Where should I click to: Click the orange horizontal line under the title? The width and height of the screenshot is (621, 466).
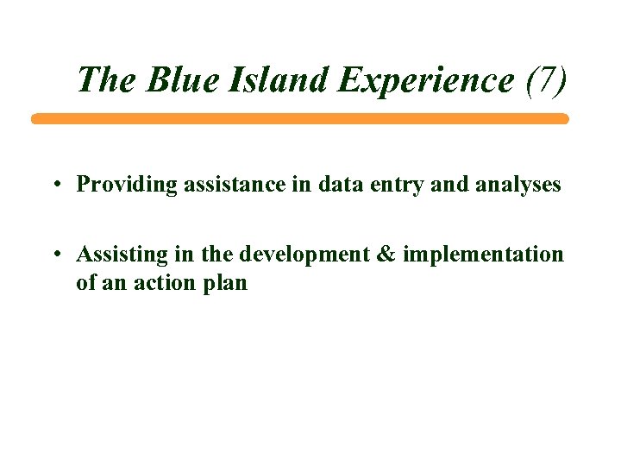(300, 119)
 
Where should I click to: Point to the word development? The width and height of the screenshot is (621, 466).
(300, 255)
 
